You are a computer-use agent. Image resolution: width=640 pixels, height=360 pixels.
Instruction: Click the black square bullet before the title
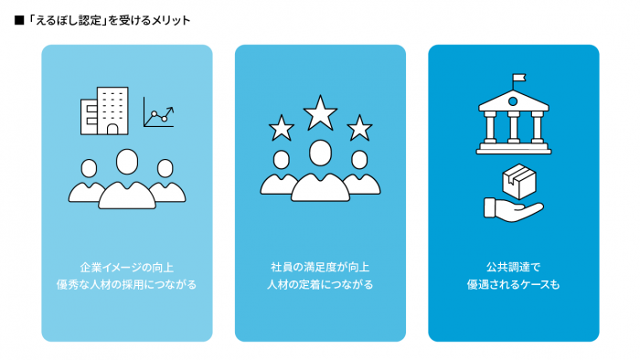[19, 20]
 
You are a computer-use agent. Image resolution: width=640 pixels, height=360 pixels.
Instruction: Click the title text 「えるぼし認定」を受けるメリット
[108, 20]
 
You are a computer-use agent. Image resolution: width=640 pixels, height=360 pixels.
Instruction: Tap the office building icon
[103, 111]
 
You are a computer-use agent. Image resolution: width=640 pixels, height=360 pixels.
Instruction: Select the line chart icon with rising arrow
[158, 116]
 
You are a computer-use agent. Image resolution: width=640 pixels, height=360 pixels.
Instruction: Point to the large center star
[320, 113]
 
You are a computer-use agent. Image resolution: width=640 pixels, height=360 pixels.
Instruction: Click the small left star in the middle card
[280, 126]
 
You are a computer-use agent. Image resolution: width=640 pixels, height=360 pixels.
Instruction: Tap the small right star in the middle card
[360, 126]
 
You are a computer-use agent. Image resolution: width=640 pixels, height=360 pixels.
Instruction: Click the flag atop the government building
[519, 78]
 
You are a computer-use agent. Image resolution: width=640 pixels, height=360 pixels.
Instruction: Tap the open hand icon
[512, 207]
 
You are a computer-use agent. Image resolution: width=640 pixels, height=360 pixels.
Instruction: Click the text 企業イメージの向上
[127, 267]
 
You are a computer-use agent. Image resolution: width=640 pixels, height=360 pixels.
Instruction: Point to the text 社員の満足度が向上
[320, 267]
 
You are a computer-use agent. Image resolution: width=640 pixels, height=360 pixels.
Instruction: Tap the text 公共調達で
[513, 267]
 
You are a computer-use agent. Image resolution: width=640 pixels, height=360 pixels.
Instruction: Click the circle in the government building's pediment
[513, 101]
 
